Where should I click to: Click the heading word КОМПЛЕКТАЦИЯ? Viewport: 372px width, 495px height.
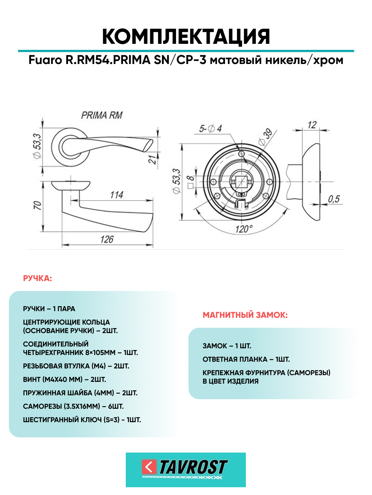(x=186, y=36)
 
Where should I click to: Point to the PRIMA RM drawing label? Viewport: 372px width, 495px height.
(x=102, y=115)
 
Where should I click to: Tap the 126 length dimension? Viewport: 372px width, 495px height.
(x=107, y=239)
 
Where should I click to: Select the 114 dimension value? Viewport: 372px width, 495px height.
(x=117, y=195)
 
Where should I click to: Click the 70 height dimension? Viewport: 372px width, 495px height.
(x=37, y=205)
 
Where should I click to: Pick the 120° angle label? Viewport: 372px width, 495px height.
(x=244, y=229)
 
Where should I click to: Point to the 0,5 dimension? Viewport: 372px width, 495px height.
(x=333, y=199)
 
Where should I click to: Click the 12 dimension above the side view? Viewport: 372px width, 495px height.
(x=312, y=125)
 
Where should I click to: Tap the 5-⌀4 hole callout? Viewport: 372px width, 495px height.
(x=210, y=128)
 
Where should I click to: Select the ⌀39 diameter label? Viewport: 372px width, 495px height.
(x=265, y=137)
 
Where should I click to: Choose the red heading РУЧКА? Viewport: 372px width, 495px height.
(x=38, y=278)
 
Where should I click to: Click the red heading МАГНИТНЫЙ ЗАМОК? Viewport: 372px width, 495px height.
(x=245, y=315)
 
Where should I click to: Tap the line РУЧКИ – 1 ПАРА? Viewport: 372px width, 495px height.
(x=49, y=309)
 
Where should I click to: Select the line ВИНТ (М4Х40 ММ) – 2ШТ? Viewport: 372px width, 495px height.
(x=64, y=379)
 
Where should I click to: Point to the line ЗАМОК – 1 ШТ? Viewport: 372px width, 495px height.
(x=227, y=346)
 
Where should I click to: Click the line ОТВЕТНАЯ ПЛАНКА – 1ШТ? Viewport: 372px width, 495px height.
(x=246, y=359)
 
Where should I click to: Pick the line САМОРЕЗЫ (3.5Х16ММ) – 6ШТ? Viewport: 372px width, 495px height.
(x=73, y=406)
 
